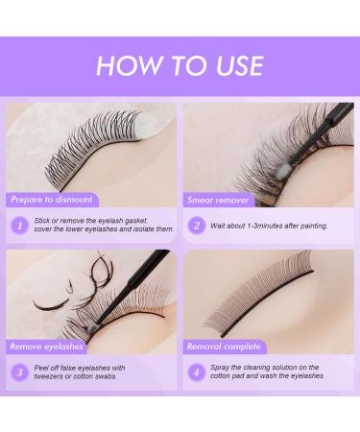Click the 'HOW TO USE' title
180,64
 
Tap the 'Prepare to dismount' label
53,199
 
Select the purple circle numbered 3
19,372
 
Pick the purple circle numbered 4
196,372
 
